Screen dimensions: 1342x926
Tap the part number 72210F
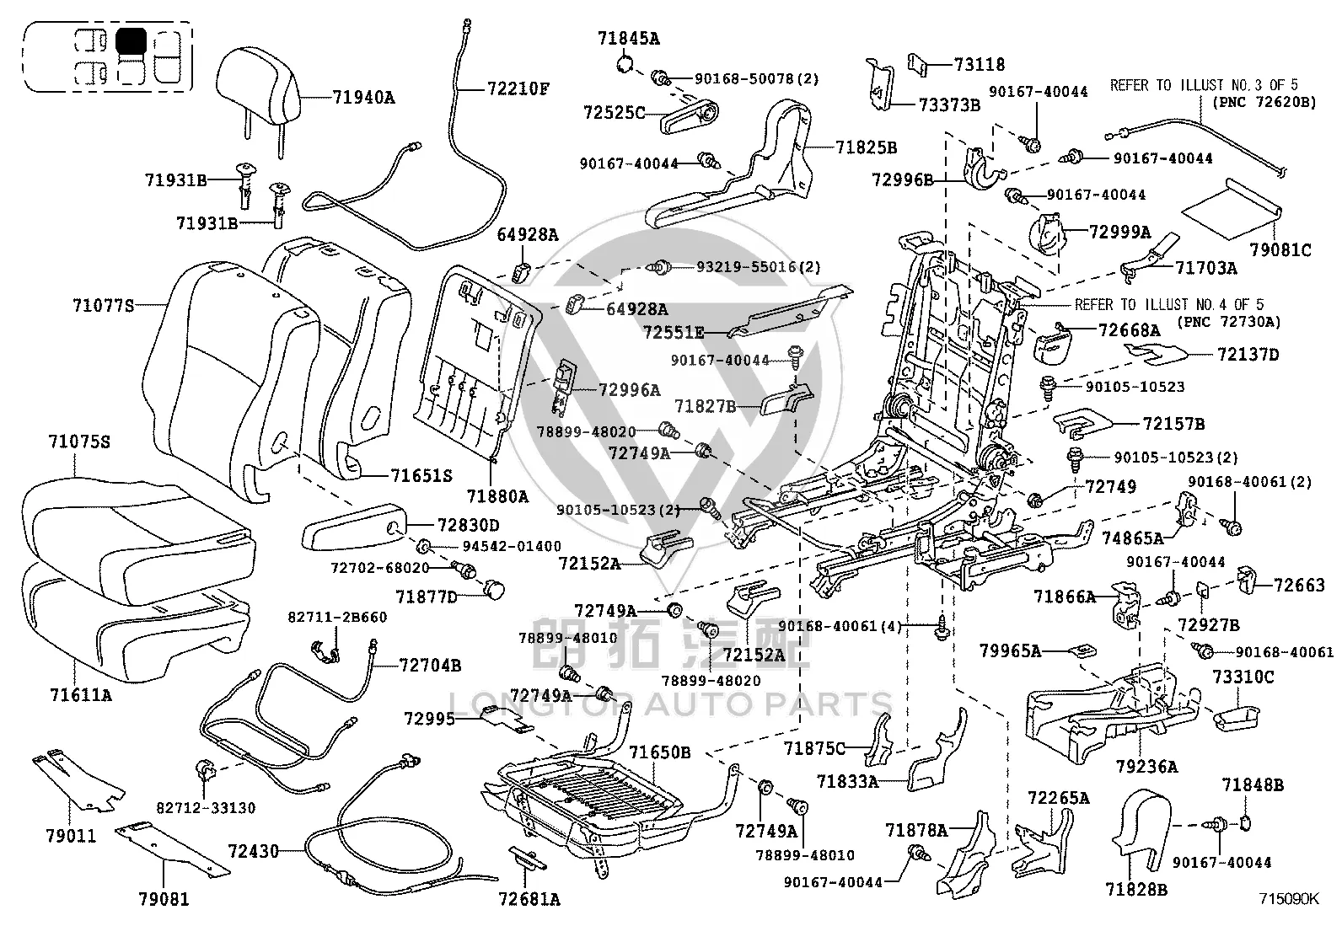(x=518, y=89)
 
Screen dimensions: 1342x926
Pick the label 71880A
(x=497, y=496)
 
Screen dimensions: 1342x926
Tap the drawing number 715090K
(x=1289, y=898)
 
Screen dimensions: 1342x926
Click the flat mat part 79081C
(x=1232, y=208)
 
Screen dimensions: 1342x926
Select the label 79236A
(x=1146, y=766)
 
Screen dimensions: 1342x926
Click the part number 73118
(x=980, y=64)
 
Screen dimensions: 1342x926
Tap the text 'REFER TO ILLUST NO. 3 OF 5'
(x=1204, y=85)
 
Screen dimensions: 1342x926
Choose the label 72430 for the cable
(x=254, y=851)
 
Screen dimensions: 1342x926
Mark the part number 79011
(x=72, y=836)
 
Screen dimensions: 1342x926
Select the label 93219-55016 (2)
(x=758, y=266)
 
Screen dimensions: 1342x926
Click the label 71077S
(x=103, y=306)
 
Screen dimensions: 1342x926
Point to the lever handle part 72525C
(x=690, y=117)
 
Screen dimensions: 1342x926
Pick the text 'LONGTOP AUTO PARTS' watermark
(x=670, y=704)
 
